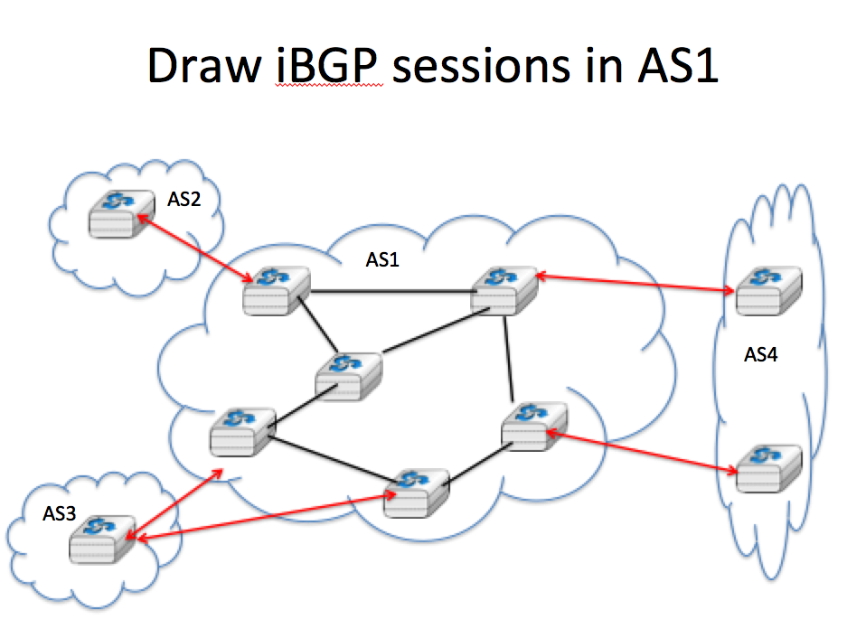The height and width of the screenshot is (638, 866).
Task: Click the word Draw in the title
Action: click(203, 65)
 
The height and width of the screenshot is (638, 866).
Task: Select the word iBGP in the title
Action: click(327, 65)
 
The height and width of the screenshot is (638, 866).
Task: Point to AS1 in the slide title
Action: click(678, 65)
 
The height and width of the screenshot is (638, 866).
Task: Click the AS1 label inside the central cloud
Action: click(382, 259)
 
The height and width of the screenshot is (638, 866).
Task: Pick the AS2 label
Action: click(184, 199)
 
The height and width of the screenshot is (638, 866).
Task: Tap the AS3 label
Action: click(59, 514)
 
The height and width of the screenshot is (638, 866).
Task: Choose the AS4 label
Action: click(760, 354)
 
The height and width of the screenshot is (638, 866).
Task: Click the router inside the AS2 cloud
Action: click(121, 214)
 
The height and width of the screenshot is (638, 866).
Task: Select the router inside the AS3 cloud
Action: click(102, 539)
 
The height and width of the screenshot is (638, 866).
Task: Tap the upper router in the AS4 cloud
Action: click(768, 291)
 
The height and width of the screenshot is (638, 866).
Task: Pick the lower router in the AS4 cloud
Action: click(768, 468)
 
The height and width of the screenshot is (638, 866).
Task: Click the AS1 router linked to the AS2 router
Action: click(276, 291)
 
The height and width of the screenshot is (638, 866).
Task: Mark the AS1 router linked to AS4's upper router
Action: click(504, 291)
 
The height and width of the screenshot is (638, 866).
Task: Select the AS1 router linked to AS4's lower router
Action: click(534, 427)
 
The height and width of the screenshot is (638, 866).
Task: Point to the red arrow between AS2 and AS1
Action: click(195, 249)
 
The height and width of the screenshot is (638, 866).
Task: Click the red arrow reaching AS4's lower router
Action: click(642, 452)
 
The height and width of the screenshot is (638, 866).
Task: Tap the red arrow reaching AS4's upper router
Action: click(635, 282)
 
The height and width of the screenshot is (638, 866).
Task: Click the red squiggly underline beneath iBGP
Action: click(330, 86)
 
